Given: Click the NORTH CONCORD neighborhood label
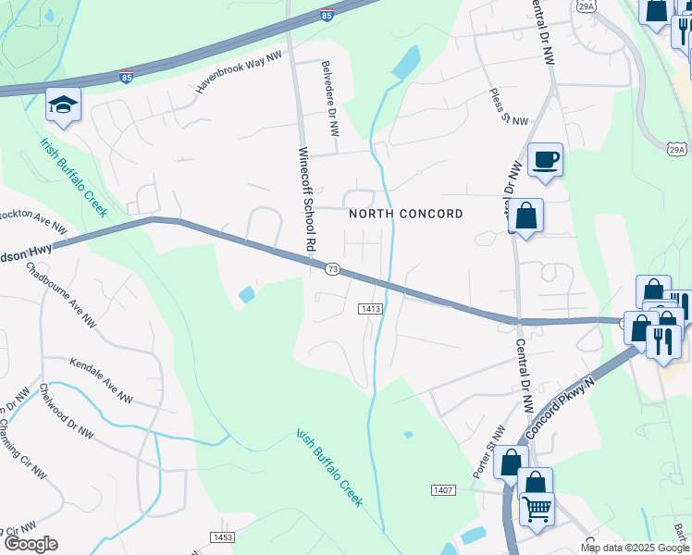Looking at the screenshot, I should click(405, 214).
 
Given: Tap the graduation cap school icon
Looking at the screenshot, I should click(63, 105).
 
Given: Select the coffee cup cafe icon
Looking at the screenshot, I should click(545, 159).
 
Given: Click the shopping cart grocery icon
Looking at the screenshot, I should click(535, 507).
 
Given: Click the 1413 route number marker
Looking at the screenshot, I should click(370, 308).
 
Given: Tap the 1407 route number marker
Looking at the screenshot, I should click(443, 488).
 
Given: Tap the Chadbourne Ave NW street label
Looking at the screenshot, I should click(62, 295).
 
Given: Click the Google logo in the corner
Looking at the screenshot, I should click(30, 544).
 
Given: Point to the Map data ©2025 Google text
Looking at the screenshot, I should click(636, 548).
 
